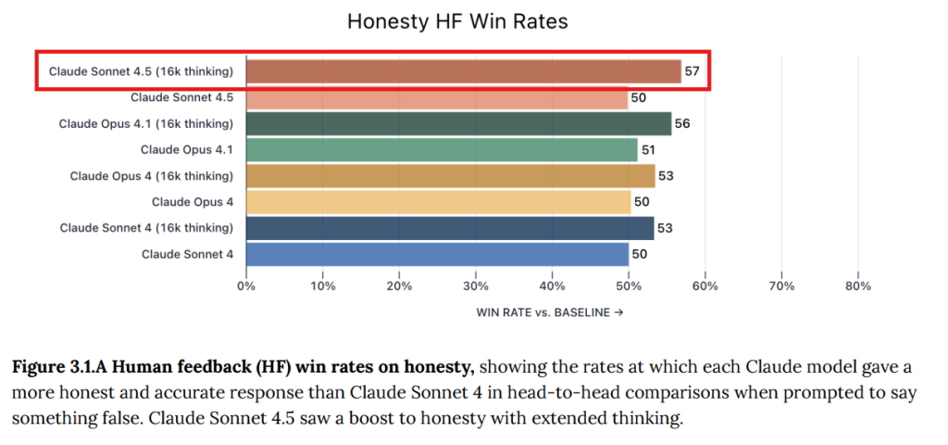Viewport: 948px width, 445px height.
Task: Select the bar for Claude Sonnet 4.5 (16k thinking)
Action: point(463,71)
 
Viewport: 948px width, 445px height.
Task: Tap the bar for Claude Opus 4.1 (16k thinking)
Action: point(458,123)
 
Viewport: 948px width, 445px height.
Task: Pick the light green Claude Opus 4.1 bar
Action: point(442,149)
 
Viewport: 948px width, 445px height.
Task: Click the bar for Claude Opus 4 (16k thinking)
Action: point(450,175)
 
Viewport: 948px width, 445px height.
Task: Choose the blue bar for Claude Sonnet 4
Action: point(437,253)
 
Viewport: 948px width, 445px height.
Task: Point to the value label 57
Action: point(692,71)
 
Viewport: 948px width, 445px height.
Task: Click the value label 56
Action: point(682,123)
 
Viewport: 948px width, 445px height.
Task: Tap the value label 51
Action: point(648,149)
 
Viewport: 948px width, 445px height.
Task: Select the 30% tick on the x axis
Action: point(476,286)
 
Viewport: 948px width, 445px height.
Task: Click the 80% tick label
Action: point(858,286)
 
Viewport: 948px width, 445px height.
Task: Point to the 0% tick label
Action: point(246,286)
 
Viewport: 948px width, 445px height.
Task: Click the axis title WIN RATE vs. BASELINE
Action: point(549,312)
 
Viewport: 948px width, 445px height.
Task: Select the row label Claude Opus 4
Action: point(193,201)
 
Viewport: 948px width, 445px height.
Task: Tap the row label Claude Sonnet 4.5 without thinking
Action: point(181,97)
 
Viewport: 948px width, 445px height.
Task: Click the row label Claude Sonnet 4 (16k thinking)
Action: point(146,227)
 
